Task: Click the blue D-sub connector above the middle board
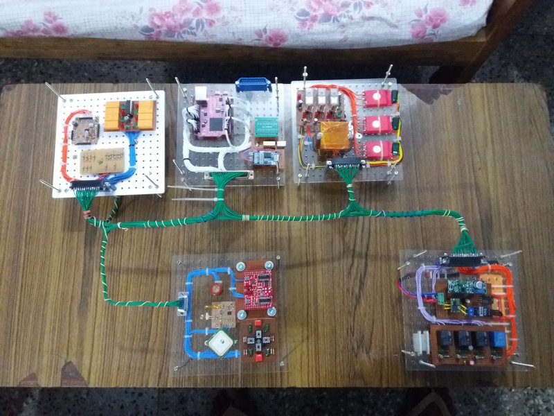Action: pos(256,85)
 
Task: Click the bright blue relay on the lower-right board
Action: pos(497,340)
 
